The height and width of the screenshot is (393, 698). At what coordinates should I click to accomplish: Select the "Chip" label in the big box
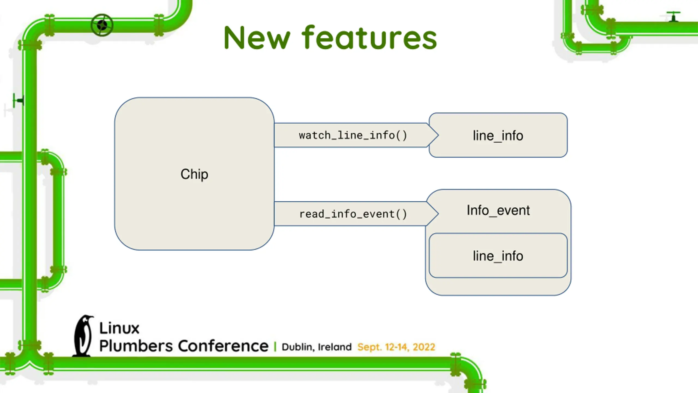[x=194, y=174]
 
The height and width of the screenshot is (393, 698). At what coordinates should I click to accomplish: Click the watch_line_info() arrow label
[x=353, y=135]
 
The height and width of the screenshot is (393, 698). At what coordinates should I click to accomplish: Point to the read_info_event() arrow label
[x=353, y=214]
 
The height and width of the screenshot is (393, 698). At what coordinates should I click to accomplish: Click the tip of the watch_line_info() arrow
[x=438, y=135]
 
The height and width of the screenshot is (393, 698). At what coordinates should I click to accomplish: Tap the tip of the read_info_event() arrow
[x=438, y=214]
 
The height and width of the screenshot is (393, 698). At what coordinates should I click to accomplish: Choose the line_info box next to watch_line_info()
[x=498, y=135]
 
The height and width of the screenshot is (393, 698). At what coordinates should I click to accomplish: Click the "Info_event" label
[x=498, y=210]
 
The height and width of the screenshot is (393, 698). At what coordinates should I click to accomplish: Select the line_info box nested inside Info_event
[x=498, y=255]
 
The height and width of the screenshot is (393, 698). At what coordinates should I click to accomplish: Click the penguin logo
[x=83, y=336]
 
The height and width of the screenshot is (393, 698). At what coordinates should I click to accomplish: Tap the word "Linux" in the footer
[x=119, y=328]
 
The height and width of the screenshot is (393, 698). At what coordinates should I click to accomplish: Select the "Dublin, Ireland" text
[x=317, y=347]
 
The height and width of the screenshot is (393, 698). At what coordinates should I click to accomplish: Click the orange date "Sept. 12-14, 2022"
[x=396, y=347]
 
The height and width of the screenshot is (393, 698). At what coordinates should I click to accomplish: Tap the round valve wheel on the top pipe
[x=102, y=25]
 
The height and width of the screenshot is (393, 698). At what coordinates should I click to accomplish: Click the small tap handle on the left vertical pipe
[x=18, y=100]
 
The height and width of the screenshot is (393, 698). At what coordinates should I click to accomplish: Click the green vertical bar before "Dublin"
[x=275, y=347]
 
